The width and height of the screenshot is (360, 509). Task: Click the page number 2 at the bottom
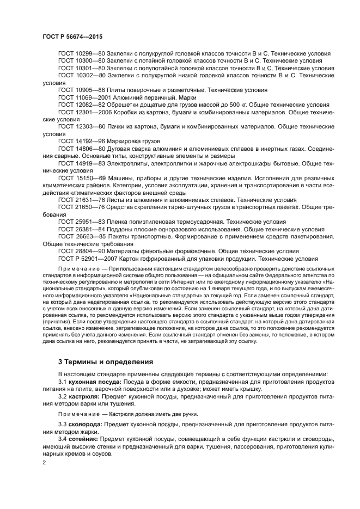[x=45, y=462]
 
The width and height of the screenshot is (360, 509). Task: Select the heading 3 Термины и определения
[x=106, y=361]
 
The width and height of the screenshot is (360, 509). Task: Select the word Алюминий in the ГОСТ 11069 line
[x=123, y=97]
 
